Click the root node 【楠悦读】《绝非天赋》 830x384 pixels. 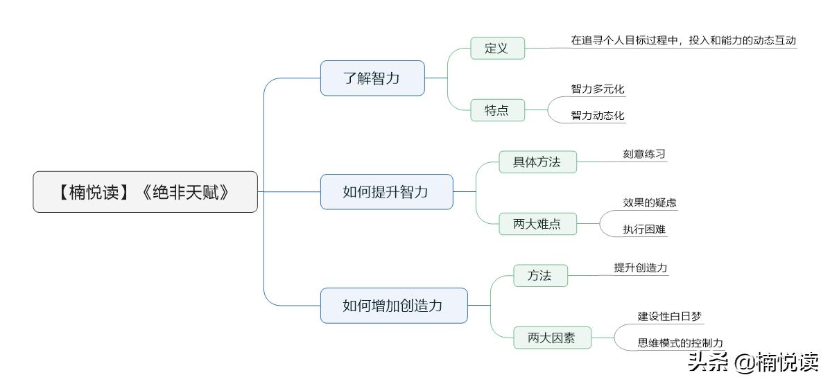point(145,192)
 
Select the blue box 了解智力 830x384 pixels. point(372,78)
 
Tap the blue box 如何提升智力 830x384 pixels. point(386,192)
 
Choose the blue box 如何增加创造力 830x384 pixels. point(393,306)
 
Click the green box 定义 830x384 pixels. point(496,49)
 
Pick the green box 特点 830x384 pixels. point(496,110)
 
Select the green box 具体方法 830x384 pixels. point(537,162)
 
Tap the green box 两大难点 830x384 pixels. point(537,224)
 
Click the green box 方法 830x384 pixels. point(539,276)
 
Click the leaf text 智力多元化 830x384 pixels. point(598,89)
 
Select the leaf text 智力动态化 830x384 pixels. point(598,116)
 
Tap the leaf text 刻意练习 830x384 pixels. point(644,154)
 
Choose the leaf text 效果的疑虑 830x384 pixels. point(649,203)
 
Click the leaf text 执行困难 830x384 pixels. point(644,229)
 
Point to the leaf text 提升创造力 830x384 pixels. point(640,268)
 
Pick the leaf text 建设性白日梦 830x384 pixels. point(669,317)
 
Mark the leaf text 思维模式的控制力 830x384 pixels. point(680,342)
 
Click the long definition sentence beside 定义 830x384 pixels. point(683,41)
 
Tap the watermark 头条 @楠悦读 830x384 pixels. point(752,362)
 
